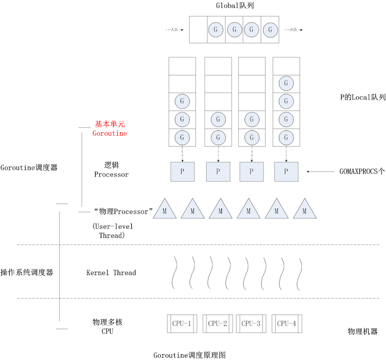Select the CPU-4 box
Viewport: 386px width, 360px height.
pos(287,323)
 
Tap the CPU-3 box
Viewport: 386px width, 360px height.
pos(251,323)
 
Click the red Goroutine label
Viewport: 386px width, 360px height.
pos(110,133)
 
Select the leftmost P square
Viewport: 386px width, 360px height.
pos(182,171)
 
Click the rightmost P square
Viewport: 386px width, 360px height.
pos(286,171)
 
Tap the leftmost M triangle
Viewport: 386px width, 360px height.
pos(165,209)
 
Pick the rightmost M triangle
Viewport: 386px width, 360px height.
pos(304,209)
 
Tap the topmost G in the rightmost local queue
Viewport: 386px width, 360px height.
pos(286,83)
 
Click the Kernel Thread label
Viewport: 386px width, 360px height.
pos(111,273)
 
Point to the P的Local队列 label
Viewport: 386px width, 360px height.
pos(356,97)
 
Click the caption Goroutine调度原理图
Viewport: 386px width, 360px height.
pos(190,355)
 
